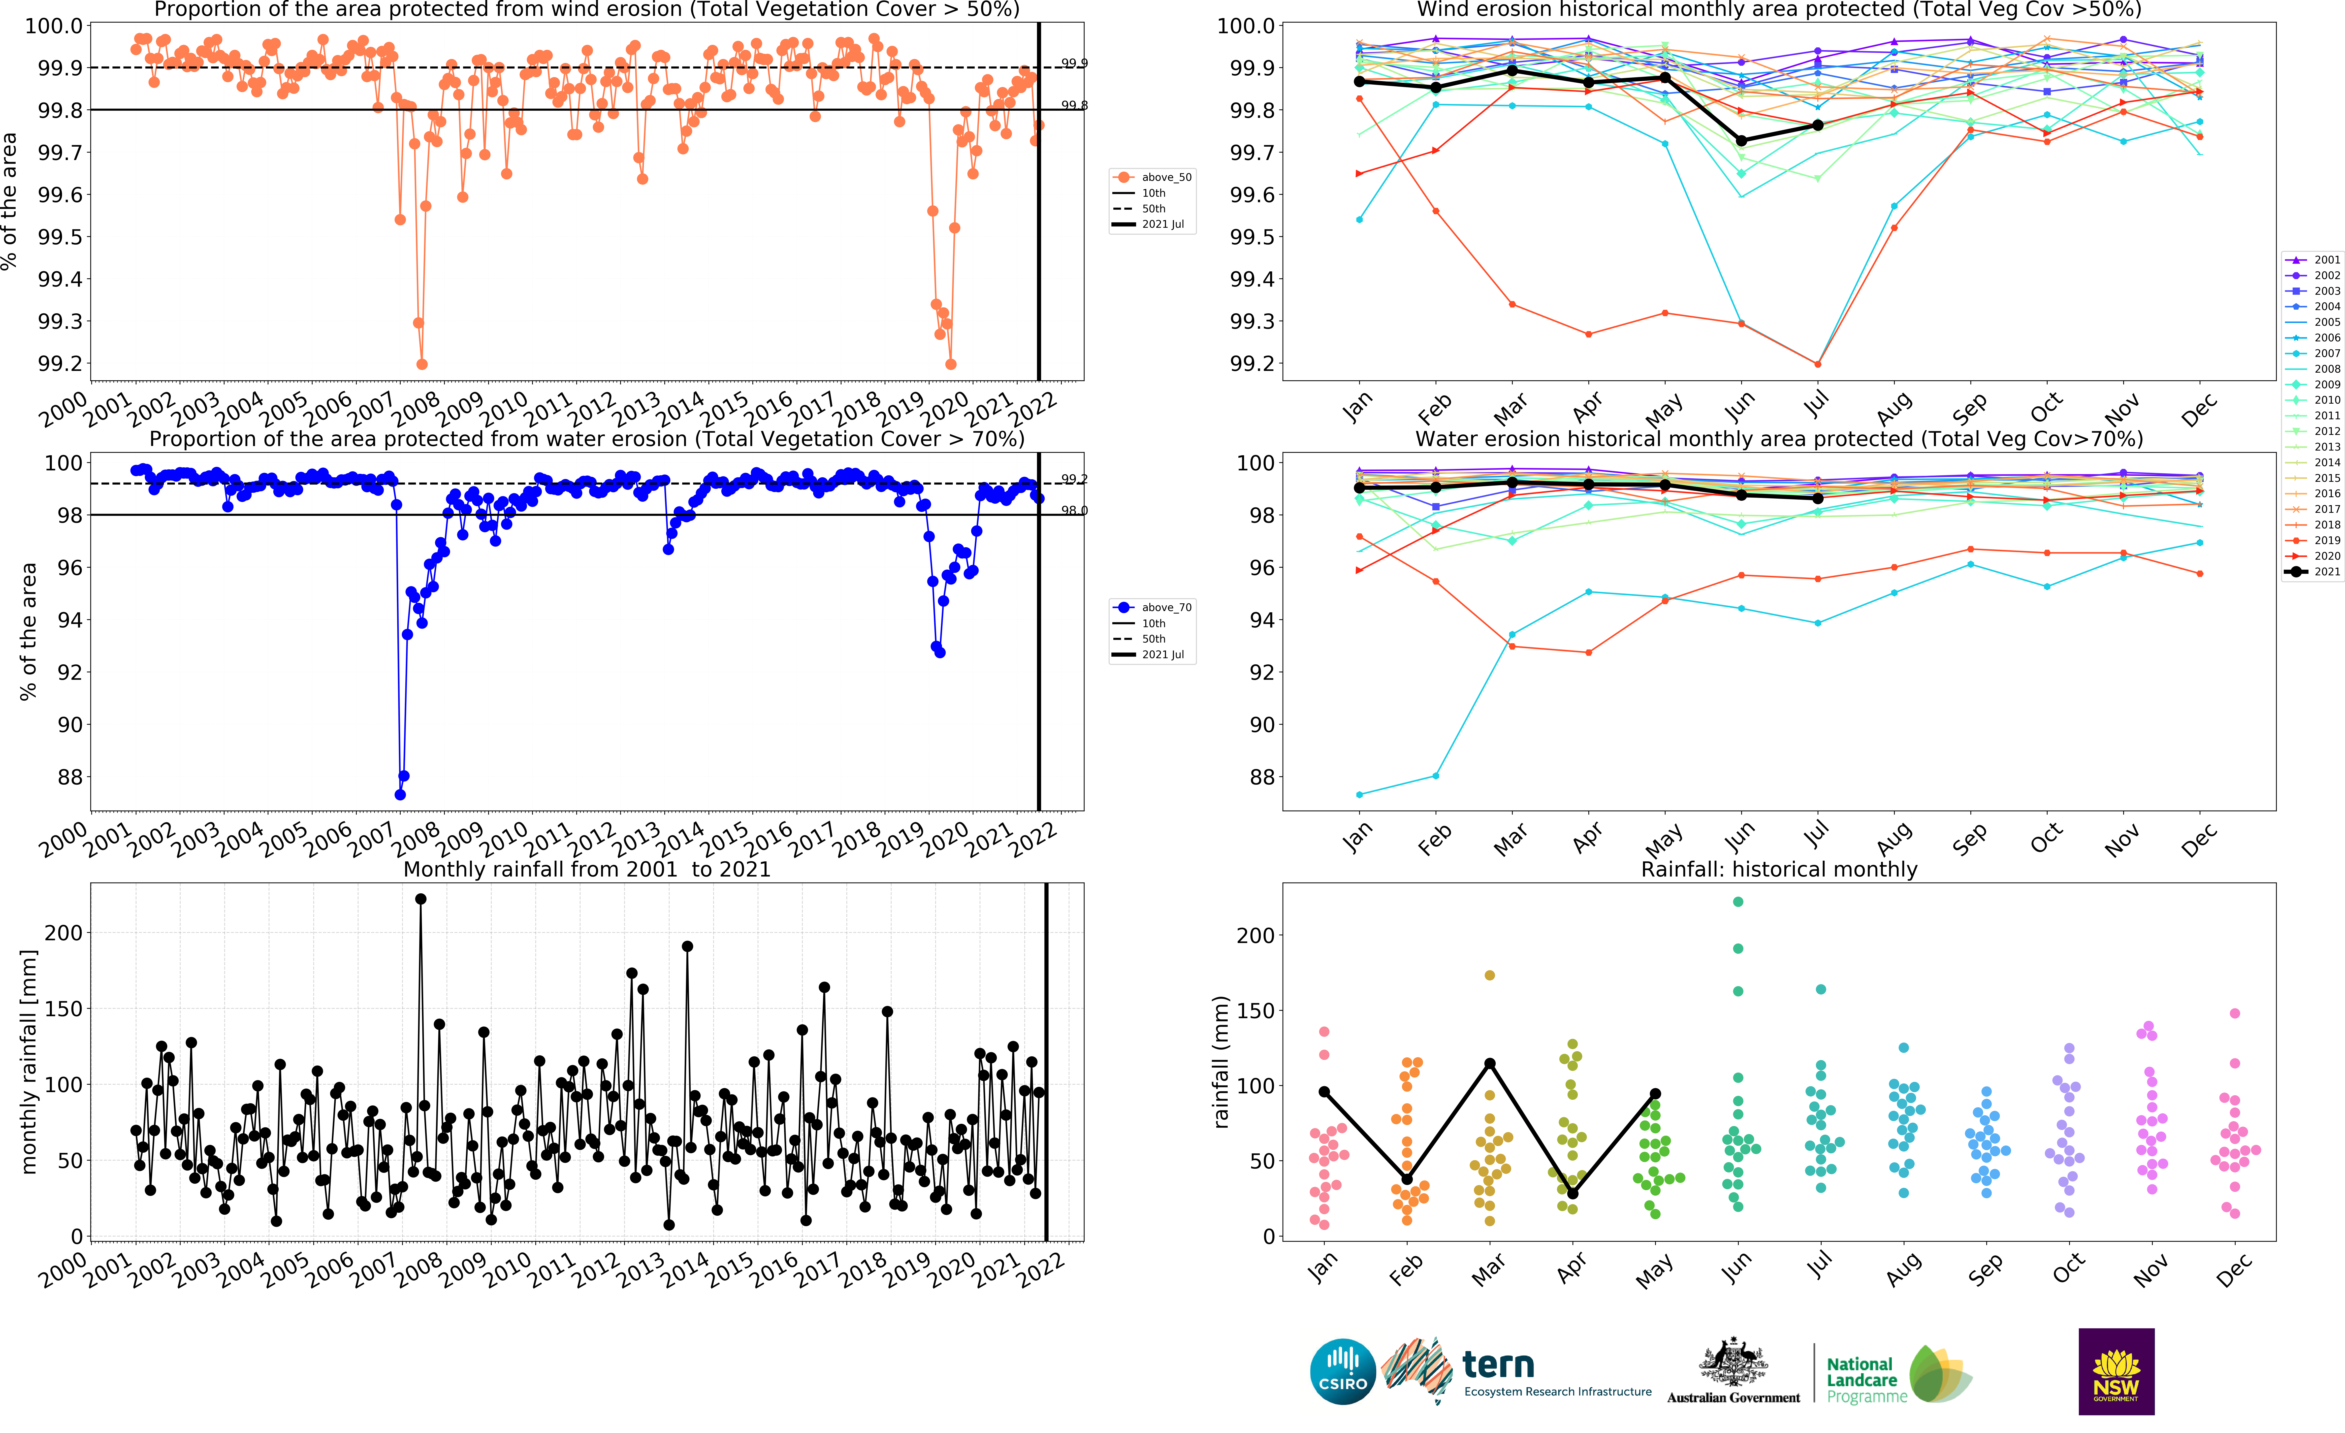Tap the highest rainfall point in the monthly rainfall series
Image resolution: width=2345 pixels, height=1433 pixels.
[421, 899]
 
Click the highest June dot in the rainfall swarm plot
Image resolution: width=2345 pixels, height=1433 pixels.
[1738, 902]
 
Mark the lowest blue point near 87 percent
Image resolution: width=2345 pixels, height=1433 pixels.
[400, 794]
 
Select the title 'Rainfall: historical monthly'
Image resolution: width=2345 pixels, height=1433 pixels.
[1779, 869]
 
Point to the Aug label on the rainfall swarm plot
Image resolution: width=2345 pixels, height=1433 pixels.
[1903, 1270]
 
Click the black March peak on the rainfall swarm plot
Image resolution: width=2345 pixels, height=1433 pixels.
[1489, 1064]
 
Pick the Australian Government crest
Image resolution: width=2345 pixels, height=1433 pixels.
[1733, 1362]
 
